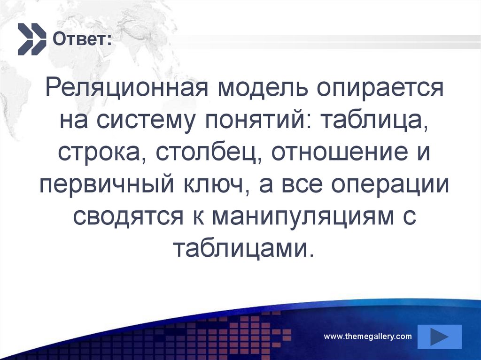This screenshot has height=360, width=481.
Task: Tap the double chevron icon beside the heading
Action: coord(32,38)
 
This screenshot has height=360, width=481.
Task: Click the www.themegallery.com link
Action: coord(368,336)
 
